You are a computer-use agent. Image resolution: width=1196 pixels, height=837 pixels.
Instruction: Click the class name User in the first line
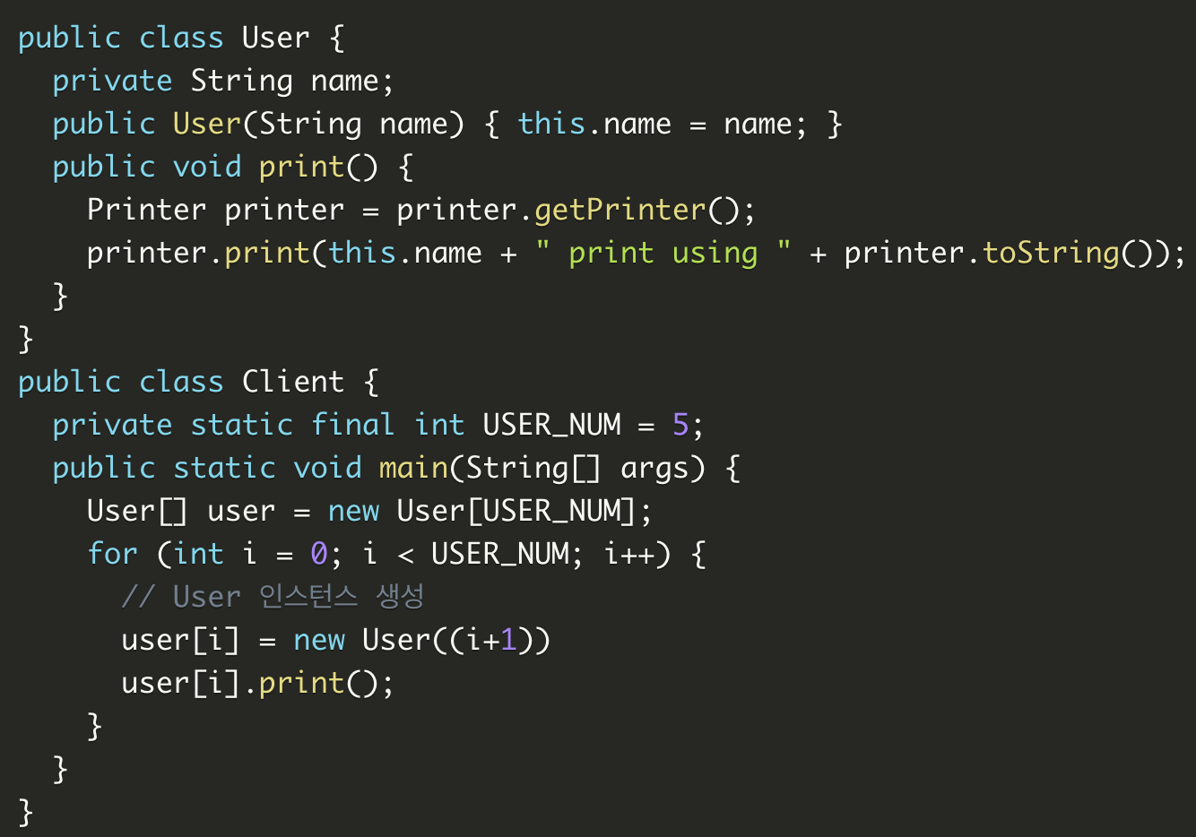coord(275,38)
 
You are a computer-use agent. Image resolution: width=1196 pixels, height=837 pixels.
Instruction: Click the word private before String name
coord(112,81)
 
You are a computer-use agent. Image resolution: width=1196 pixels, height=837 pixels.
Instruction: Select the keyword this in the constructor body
coord(551,124)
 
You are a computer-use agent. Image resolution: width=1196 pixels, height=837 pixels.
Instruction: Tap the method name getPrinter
coord(620,210)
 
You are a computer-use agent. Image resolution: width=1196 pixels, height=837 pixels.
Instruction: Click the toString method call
coord(1051,253)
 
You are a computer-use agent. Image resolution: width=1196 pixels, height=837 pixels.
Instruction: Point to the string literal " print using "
coord(663,253)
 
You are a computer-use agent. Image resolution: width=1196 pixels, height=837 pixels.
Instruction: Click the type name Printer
coord(146,210)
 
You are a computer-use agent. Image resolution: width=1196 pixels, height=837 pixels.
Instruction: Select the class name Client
coord(292,382)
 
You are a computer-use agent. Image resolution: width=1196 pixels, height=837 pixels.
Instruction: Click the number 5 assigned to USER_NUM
coord(680,425)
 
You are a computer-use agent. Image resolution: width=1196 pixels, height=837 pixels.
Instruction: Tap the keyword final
coord(352,425)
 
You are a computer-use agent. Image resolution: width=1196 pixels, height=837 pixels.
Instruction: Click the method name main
coord(413,468)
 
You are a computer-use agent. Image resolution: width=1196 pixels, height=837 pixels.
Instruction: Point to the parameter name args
coord(654,468)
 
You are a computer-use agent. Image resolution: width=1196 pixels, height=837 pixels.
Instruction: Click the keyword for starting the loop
coord(112,554)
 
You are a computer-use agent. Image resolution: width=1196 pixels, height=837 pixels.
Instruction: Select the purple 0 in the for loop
coord(318,554)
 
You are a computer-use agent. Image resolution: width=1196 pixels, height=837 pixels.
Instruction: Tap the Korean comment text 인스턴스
coord(308,596)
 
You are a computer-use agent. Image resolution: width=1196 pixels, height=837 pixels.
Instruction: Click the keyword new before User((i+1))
coord(318,640)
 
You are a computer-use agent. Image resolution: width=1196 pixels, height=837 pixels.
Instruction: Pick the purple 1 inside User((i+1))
coord(508,640)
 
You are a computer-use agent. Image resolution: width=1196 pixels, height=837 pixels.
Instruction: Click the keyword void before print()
coord(206,167)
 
